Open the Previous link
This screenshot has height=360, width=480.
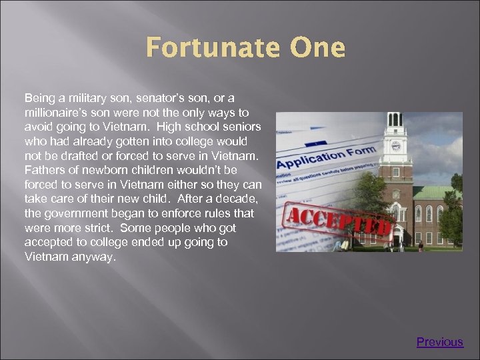pos(439,342)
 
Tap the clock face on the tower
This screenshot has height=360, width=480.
pos(395,146)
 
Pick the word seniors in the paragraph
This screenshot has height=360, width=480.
pos(240,127)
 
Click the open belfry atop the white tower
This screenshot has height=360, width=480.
pos(395,120)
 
